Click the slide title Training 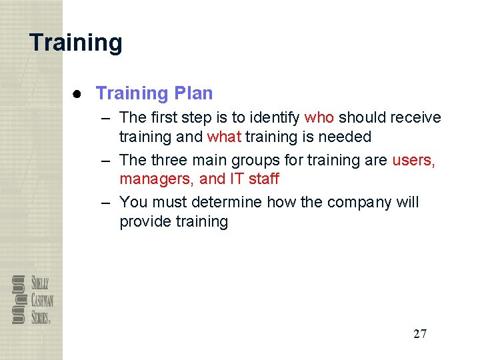click(76, 43)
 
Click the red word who click(319, 118)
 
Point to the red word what click(224, 137)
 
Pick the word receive click(416, 118)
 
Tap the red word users click(413, 161)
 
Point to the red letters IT click(237, 179)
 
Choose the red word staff click(264, 179)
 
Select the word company click(362, 203)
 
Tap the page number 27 click(420, 334)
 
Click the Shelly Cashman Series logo click(32, 300)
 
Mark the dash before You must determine click(107, 202)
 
